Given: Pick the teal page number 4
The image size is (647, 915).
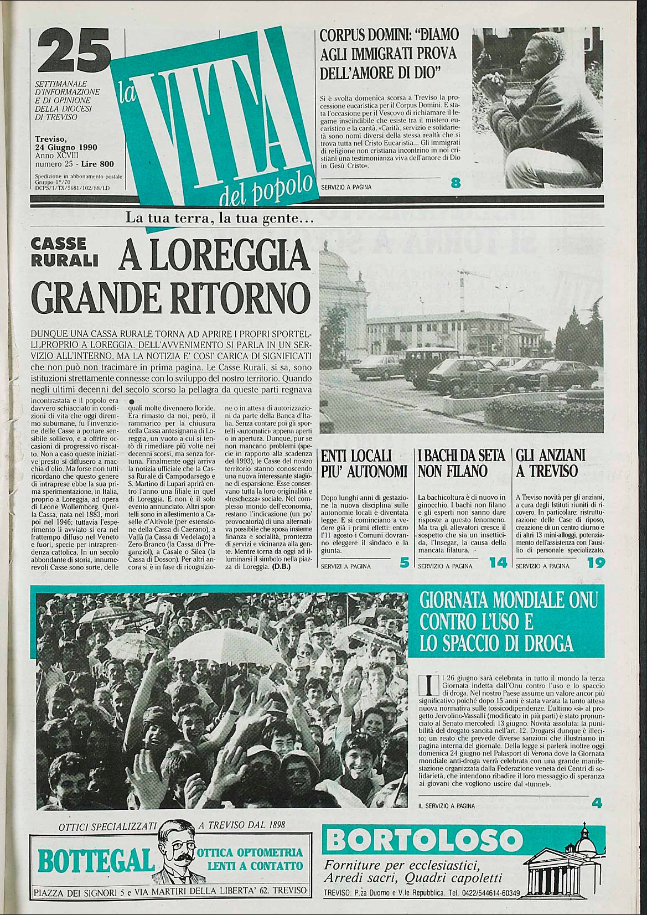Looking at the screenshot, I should [596, 803].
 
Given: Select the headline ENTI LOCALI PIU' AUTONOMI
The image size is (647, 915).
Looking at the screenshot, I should [364, 464].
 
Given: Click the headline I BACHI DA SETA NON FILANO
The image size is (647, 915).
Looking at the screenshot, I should [461, 464].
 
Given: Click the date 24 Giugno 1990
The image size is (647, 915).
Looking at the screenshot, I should [66, 147].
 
